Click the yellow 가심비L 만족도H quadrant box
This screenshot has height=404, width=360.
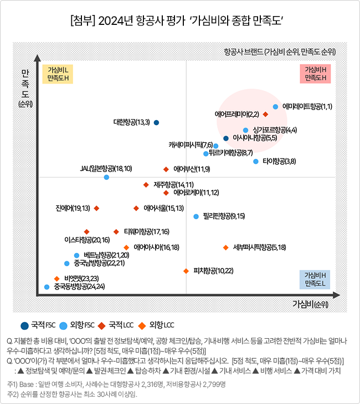[58, 74]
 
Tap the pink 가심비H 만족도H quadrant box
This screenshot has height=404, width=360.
[315, 74]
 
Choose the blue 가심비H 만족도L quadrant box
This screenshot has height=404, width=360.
[315, 279]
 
